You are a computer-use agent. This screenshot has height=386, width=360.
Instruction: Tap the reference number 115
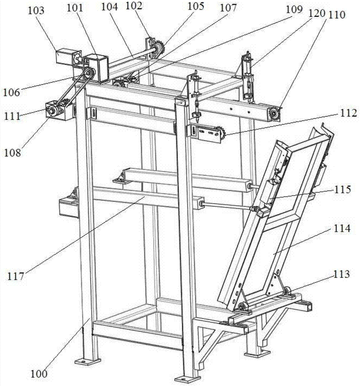pos(340,190)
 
